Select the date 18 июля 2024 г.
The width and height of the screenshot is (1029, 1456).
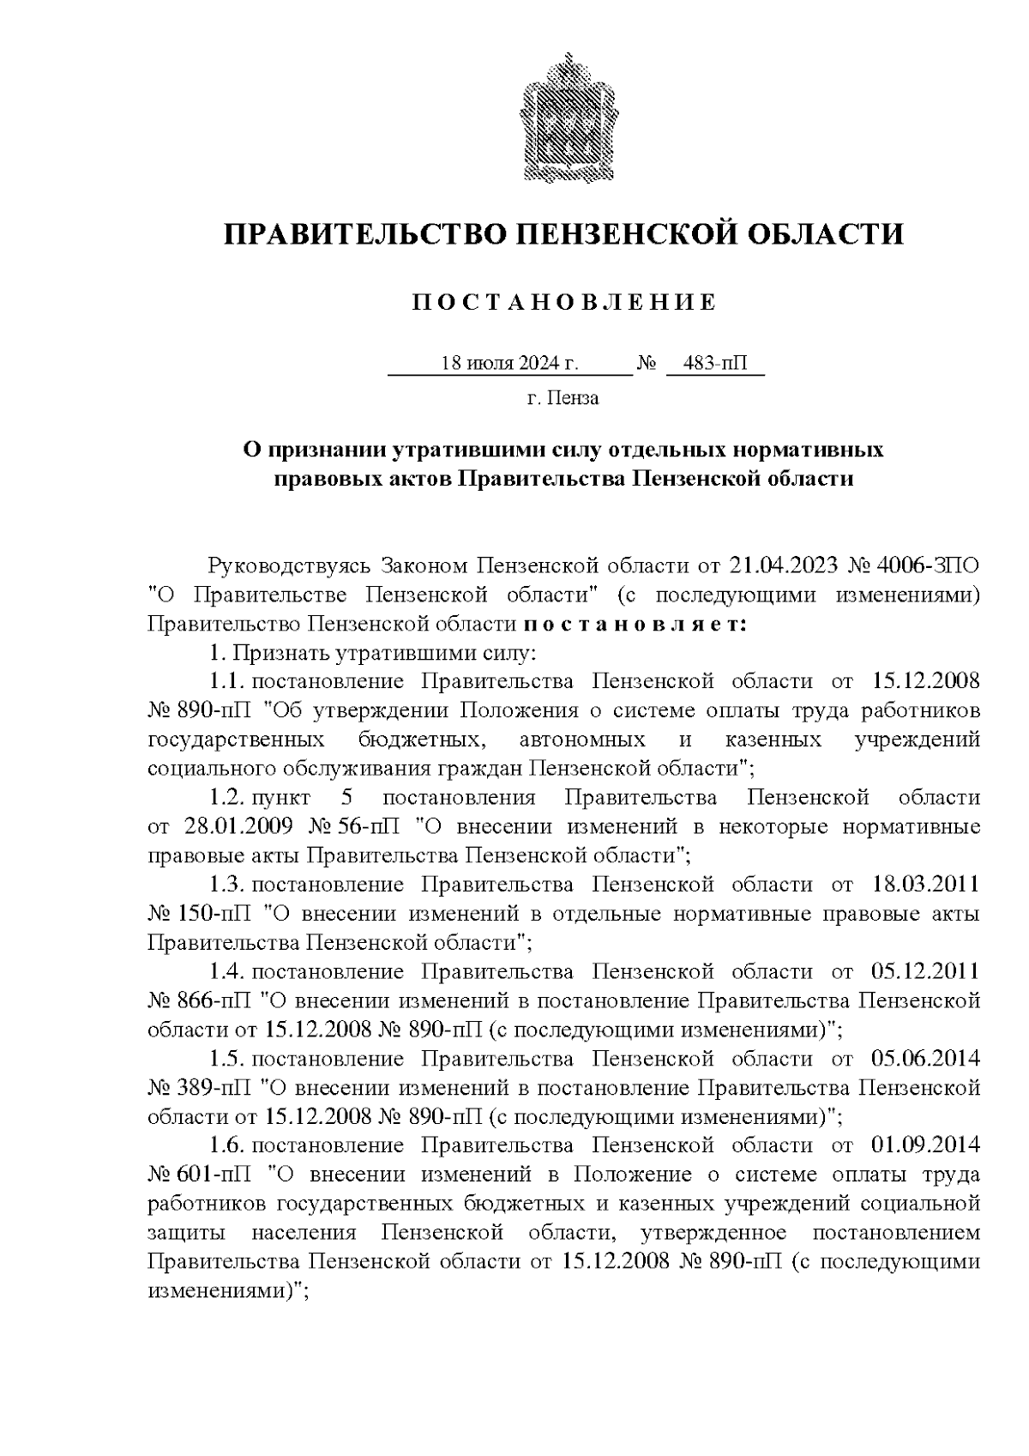click(509, 363)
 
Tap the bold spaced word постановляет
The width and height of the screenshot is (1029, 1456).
click(635, 624)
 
